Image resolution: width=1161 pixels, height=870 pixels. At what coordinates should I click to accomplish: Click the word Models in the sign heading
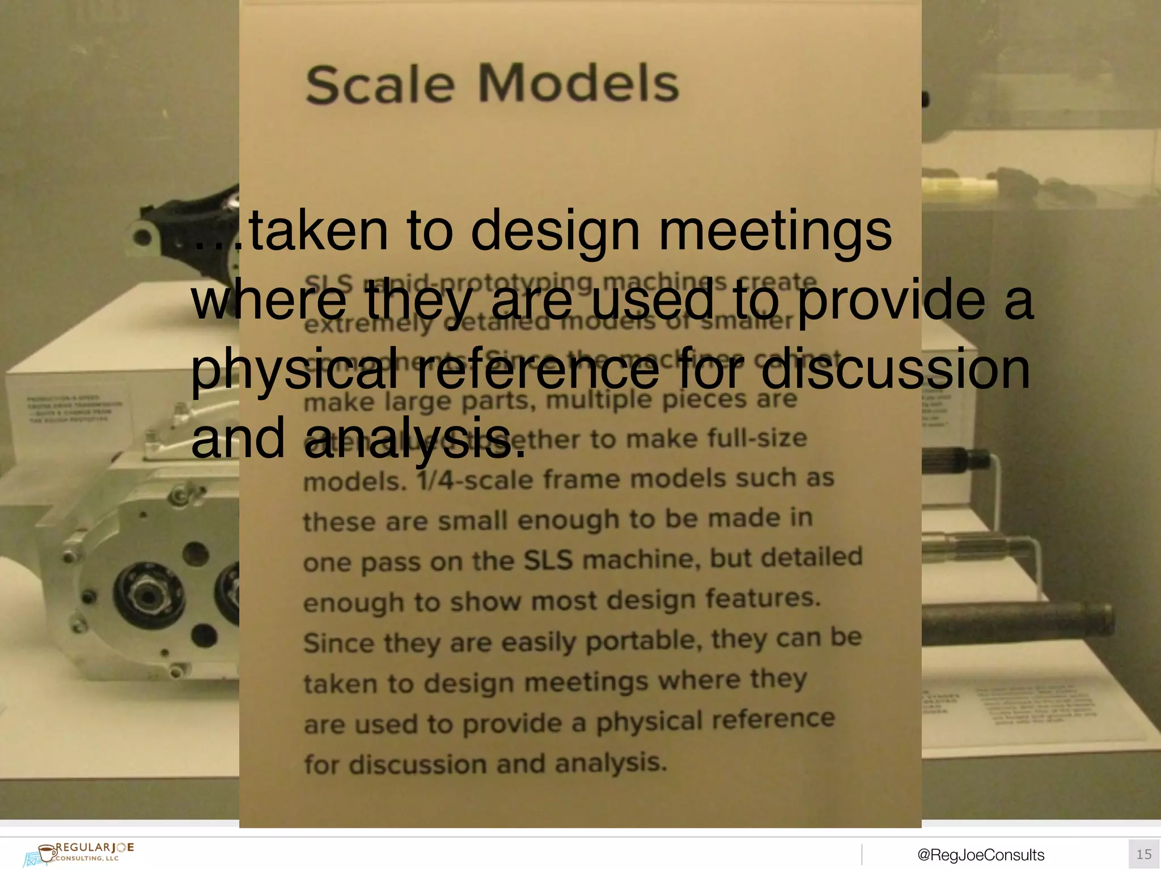point(578,84)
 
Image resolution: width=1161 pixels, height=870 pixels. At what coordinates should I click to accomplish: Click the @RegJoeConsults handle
point(981,855)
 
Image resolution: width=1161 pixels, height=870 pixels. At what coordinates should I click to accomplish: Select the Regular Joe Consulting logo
point(79,852)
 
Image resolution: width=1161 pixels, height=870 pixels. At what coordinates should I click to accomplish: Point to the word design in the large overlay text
point(556,232)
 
